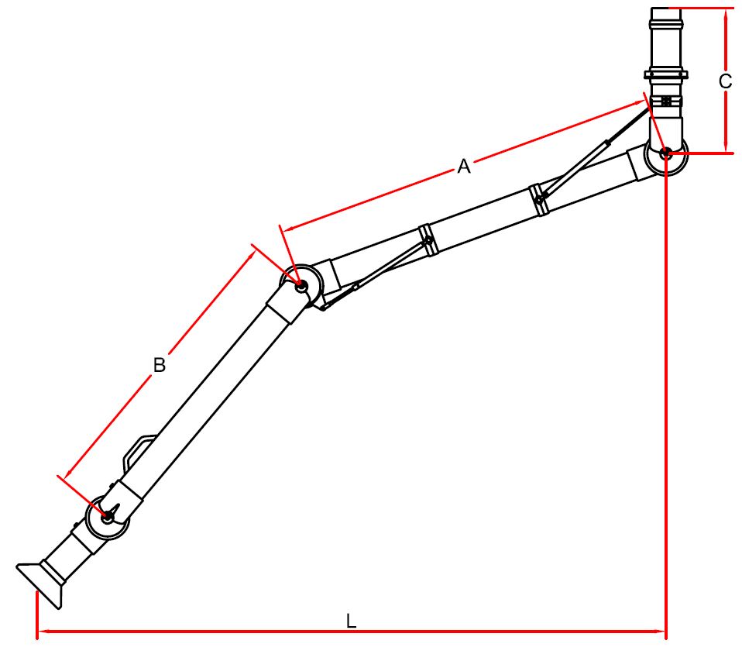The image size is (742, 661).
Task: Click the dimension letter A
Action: point(464,166)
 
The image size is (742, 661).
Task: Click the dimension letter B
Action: point(160,365)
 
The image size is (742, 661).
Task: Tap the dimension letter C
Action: point(725,81)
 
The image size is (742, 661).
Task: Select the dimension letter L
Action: point(351,621)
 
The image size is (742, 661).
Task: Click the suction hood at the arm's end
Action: point(40,583)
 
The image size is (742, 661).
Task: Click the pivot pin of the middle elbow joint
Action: point(300,285)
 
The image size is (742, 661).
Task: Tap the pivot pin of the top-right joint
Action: point(665,153)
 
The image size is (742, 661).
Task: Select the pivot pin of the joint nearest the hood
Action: point(108,517)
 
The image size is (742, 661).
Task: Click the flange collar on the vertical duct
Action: point(666,74)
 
